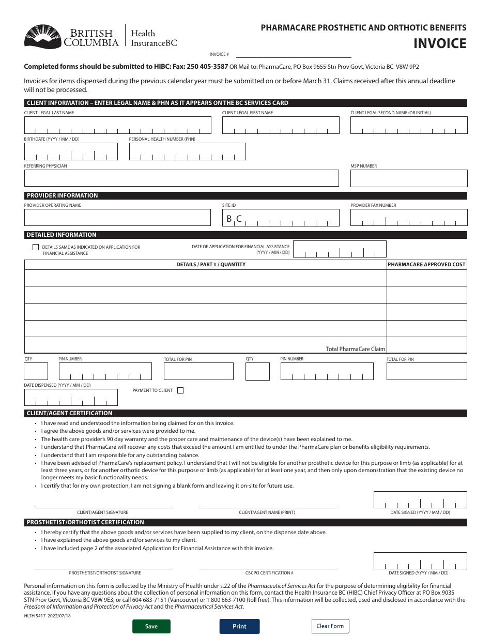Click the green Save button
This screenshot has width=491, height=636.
151,626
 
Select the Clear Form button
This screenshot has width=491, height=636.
330,626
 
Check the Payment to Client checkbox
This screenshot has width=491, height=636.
180,390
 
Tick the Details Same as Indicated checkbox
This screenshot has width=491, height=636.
36,247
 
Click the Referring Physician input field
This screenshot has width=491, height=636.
181,178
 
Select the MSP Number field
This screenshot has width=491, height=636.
408,178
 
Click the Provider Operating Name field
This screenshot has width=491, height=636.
117,218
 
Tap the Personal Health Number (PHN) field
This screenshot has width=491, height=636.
187,152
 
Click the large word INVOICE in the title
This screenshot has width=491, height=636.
439,43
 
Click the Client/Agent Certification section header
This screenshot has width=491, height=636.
69,413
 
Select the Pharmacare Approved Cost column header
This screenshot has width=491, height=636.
426,264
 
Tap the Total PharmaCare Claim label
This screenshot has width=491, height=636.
355,349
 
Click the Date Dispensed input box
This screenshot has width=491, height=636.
71,397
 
